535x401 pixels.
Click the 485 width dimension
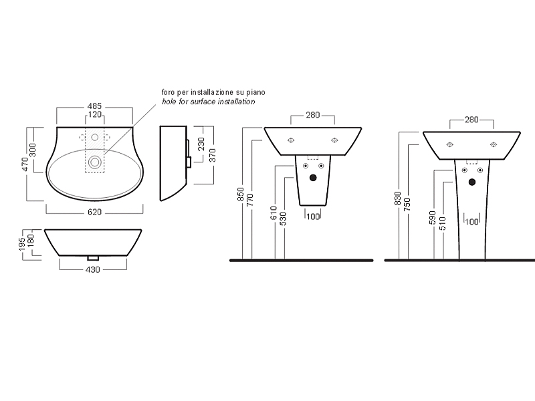tap(94, 106)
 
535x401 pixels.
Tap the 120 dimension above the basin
tap(95, 114)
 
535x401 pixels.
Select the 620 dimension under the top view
tap(94, 212)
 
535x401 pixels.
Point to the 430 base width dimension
tap(93, 270)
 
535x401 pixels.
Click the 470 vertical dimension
tap(24, 164)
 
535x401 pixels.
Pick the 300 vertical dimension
tap(32, 150)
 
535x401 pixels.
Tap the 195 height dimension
tap(23, 244)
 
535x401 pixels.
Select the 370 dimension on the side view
tap(212, 156)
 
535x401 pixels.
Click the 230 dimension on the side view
tap(202, 144)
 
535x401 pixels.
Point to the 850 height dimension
tap(241, 194)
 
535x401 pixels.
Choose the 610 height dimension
tap(274, 213)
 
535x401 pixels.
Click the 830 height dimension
tap(397, 198)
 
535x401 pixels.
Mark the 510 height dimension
tap(443, 224)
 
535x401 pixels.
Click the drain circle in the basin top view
tap(94, 162)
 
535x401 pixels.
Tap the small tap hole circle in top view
tap(95, 138)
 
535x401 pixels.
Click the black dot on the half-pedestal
tap(313, 178)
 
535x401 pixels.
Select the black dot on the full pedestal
tap(472, 182)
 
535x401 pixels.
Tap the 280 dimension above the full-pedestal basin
tap(471, 120)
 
